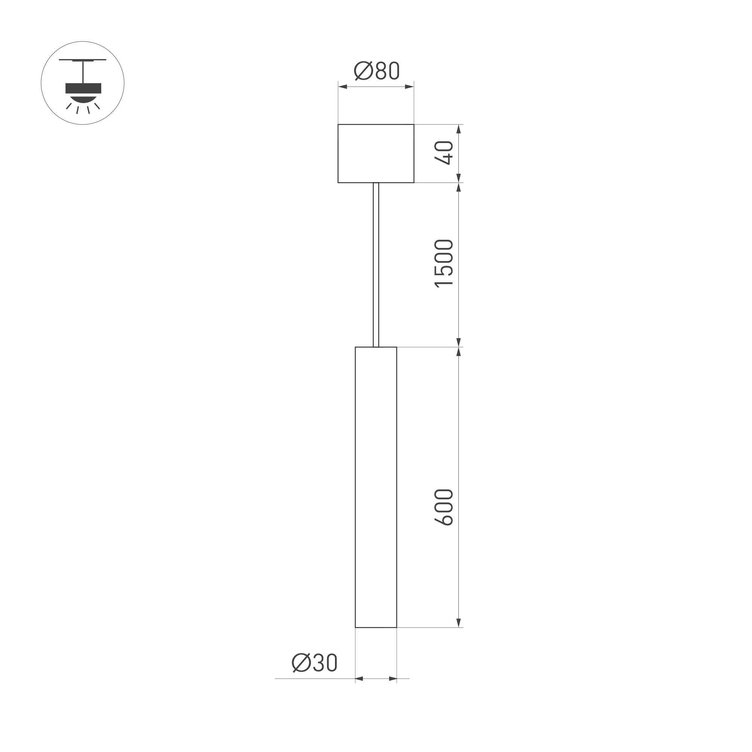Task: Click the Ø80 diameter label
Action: pyautogui.click(x=376, y=71)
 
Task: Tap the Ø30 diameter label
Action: pyautogui.click(x=315, y=662)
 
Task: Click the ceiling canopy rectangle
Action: pyautogui.click(x=376, y=153)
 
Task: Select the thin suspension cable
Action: pyautogui.click(x=376, y=265)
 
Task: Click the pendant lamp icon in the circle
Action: pyautogui.click(x=82, y=83)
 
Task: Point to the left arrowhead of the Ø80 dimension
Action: pyautogui.click(x=343, y=87)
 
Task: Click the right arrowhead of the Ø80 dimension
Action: pyautogui.click(x=409, y=87)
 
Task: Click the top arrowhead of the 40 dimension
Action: pyautogui.click(x=458, y=129)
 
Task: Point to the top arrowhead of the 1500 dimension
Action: pyautogui.click(x=458, y=187)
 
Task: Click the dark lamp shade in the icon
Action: pyautogui.click(x=83, y=88)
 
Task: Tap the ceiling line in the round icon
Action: pyautogui.click(x=82, y=60)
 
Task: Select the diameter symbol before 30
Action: pyautogui.click(x=301, y=662)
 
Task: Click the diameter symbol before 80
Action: pyautogui.click(x=363, y=71)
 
